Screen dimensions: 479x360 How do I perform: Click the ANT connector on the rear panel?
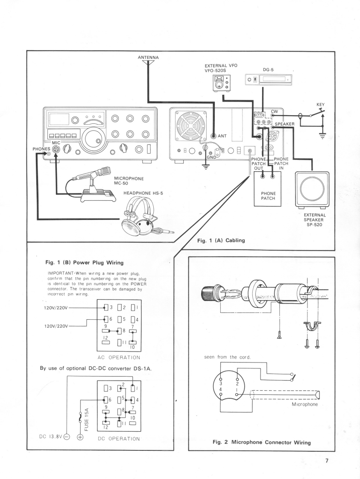(215, 136)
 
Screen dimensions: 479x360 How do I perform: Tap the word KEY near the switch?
(321, 104)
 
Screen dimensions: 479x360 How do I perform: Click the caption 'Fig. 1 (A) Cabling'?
(221, 240)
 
